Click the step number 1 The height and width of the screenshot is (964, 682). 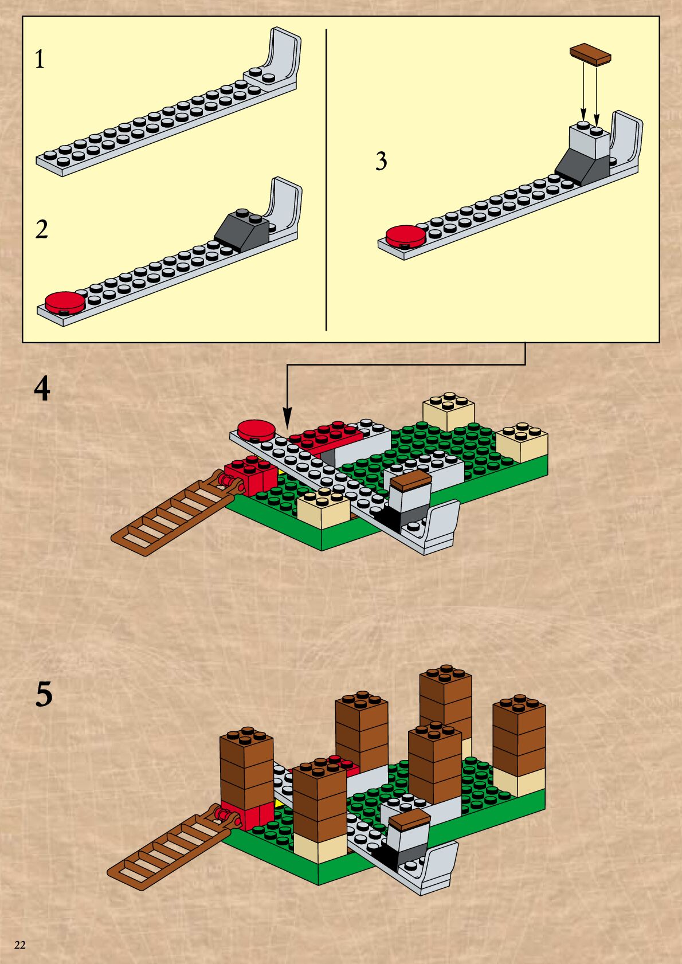39,60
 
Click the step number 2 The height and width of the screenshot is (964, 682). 41,229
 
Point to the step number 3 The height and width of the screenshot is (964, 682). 381,161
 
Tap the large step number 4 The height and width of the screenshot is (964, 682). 42,389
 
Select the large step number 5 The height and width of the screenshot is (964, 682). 44,694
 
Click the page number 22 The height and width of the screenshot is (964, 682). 19,945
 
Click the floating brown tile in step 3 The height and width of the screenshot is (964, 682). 590,53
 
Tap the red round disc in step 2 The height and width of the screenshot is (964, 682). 65,301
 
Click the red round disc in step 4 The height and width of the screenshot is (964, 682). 256,429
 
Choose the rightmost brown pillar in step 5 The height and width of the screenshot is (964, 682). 519,736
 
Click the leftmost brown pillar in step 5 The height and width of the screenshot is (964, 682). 246,768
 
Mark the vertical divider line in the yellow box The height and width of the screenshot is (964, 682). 326,178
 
